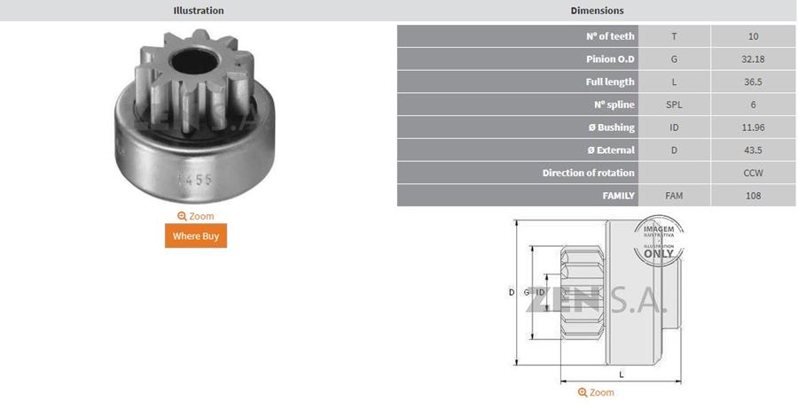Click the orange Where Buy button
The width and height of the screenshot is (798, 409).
coord(196,235)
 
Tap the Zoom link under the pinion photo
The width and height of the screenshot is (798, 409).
coord(196,216)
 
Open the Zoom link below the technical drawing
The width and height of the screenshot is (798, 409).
coord(596,392)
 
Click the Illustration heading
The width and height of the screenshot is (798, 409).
coord(199,10)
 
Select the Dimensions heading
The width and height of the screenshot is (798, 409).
coord(597,10)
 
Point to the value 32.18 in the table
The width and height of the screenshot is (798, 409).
coord(753,59)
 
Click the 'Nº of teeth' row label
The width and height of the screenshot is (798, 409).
coord(610,36)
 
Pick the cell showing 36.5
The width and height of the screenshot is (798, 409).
coord(753,81)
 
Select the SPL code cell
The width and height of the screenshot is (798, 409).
coord(675,104)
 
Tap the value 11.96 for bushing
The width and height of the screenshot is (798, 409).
coord(753,127)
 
